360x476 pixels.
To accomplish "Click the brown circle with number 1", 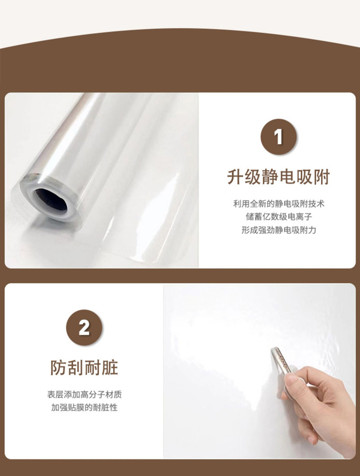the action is tap(279, 137).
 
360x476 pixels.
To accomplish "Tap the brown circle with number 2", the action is tap(84, 328).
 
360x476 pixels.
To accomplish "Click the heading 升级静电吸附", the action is tap(279, 177).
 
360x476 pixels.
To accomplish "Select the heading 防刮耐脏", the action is tap(84, 368).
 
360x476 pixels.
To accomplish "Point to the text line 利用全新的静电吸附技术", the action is tap(279, 204).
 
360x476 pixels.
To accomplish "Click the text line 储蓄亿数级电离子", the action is tap(279, 217).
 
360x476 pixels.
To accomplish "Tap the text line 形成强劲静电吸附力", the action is tap(279, 230).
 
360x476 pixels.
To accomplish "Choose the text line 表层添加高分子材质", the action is tap(85, 394).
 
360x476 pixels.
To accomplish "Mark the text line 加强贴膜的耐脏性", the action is tap(85, 408).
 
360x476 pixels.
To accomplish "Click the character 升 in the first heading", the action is tap(235, 177).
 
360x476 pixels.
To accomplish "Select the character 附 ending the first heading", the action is tap(322, 177).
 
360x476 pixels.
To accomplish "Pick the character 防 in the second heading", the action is tap(58, 368).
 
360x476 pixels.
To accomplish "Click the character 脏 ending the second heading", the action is tap(110, 368).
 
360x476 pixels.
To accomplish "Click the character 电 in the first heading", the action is tap(287, 177).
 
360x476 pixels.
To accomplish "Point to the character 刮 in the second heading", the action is tap(76, 368).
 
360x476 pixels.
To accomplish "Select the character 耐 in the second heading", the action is tap(93, 368).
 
